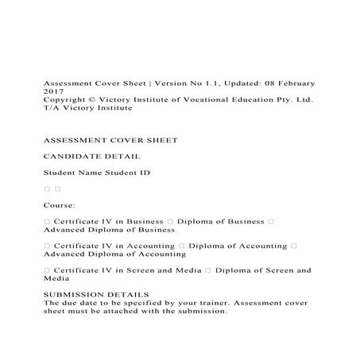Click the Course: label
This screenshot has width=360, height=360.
point(60,205)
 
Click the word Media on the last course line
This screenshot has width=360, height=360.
point(56,279)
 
